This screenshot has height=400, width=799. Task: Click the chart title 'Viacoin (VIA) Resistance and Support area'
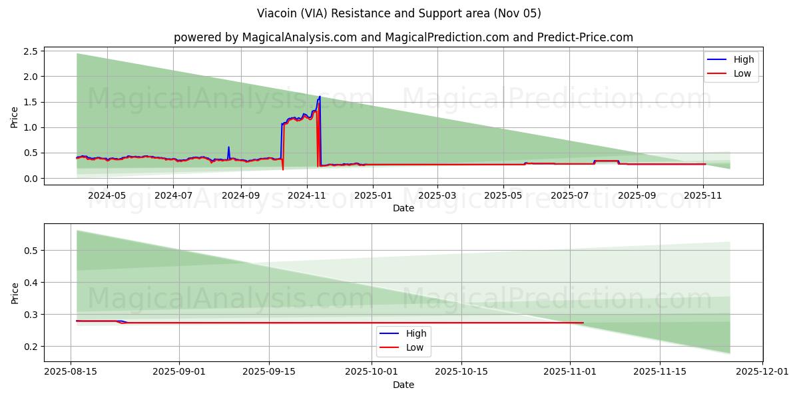(399, 13)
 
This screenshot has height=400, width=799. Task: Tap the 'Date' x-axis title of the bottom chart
(403, 385)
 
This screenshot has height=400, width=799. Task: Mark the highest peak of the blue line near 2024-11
(320, 97)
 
